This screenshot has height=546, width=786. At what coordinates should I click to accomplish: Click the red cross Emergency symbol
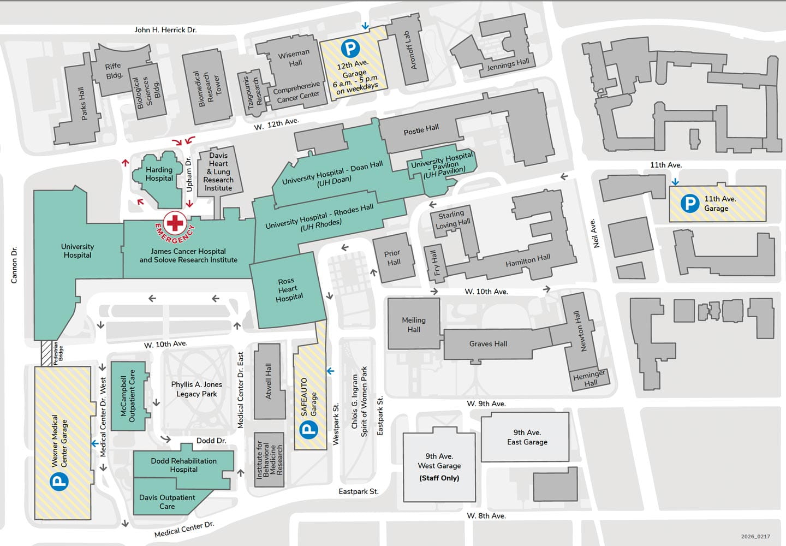coord(175,223)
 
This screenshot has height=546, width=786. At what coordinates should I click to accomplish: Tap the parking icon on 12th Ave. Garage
coord(350,49)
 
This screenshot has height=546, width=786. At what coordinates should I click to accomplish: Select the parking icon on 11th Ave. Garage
coord(690,204)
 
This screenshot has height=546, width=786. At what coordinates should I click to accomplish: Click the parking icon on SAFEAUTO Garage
coord(309,429)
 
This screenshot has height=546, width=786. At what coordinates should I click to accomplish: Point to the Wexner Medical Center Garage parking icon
coord(59,481)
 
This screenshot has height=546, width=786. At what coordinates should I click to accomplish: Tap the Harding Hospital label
coord(159,174)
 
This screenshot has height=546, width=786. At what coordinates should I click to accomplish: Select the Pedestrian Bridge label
coord(58,353)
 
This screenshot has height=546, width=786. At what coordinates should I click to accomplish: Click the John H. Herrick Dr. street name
coord(165,30)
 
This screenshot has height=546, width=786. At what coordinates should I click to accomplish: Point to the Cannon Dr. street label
coord(14,265)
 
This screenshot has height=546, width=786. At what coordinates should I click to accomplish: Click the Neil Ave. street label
coord(595,233)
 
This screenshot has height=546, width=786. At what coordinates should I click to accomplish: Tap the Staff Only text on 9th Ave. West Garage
coord(439,478)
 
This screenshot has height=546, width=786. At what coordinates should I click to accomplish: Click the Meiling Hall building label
coord(414,325)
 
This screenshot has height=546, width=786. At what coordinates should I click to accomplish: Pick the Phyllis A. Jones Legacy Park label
coord(196,389)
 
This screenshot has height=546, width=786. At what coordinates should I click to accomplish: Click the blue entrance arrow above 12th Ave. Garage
coord(365,26)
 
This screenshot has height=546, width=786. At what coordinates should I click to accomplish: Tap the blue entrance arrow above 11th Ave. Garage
coord(675,182)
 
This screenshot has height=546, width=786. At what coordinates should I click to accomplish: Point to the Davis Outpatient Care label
coord(167,502)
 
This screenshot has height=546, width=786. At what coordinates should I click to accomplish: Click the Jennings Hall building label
coord(508,65)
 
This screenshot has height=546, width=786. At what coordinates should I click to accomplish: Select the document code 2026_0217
coord(755,536)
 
